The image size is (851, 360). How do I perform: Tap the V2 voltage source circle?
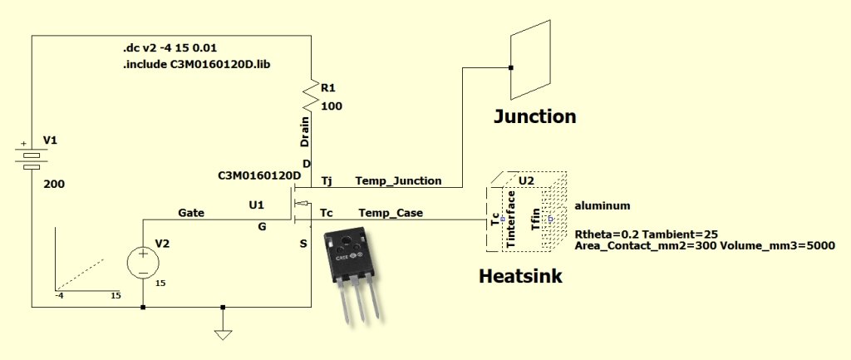(x=143, y=263)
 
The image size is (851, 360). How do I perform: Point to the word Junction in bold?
(x=534, y=116)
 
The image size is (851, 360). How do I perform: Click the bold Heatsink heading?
(x=520, y=276)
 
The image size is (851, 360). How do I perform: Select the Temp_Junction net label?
(x=398, y=180)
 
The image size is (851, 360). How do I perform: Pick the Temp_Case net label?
(x=391, y=213)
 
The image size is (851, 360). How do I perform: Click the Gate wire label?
(x=191, y=213)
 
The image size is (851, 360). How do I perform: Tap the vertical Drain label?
(x=305, y=132)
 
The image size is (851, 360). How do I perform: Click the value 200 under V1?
(x=53, y=183)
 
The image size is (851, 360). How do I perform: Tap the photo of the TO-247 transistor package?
(x=354, y=269)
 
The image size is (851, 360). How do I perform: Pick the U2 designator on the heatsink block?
(x=527, y=180)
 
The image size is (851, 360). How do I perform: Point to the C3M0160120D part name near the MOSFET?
(x=258, y=176)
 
